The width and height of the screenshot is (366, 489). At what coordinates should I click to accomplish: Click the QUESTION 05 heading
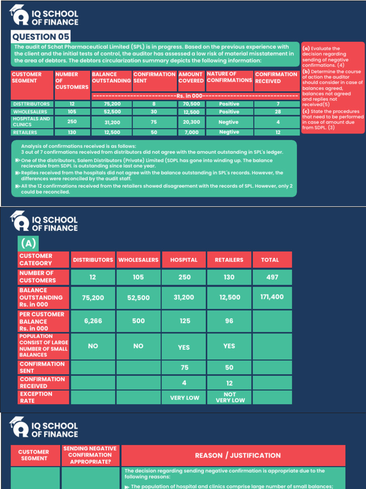pyautogui.click(x=41, y=37)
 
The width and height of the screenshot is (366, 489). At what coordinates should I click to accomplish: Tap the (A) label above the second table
pyautogui.click(x=28, y=244)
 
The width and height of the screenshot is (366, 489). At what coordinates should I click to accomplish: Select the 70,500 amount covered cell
pyautogui.click(x=191, y=104)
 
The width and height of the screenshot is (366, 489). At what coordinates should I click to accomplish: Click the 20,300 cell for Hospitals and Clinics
pyautogui.click(x=191, y=122)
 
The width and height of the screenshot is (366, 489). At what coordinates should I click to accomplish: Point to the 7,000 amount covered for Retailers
pyautogui.click(x=191, y=132)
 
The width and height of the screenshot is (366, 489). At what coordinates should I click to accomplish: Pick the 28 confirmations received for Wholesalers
pyautogui.click(x=277, y=112)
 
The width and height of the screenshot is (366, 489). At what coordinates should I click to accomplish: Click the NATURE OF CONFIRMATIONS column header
pyautogui.click(x=229, y=77)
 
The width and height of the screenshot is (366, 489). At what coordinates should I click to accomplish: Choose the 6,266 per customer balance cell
pyautogui.click(x=93, y=321)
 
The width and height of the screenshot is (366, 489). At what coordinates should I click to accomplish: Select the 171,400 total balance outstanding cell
pyautogui.click(x=272, y=297)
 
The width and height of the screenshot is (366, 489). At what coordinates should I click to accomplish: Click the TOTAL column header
pyautogui.click(x=270, y=260)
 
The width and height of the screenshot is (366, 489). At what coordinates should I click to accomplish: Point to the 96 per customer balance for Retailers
pyautogui.click(x=229, y=321)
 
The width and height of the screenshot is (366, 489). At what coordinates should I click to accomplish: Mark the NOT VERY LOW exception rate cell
pyautogui.click(x=230, y=397)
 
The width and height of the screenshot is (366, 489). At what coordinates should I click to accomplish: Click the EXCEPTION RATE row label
pyautogui.click(x=36, y=397)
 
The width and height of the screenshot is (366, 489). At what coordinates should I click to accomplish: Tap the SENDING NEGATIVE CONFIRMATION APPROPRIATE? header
pyautogui.click(x=90, y=456)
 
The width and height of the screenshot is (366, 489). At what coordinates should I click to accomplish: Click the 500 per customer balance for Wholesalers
pyautogui.click(x=138, y=321)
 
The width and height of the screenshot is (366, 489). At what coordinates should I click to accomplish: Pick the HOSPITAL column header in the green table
pyautogui.click(x=184, y=260)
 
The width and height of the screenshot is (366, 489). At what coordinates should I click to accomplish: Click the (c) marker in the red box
pyautogui.click(x=306, y=111)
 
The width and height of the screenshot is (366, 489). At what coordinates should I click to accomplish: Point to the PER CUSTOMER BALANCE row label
pyautogui.click(x=41, y=321)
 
